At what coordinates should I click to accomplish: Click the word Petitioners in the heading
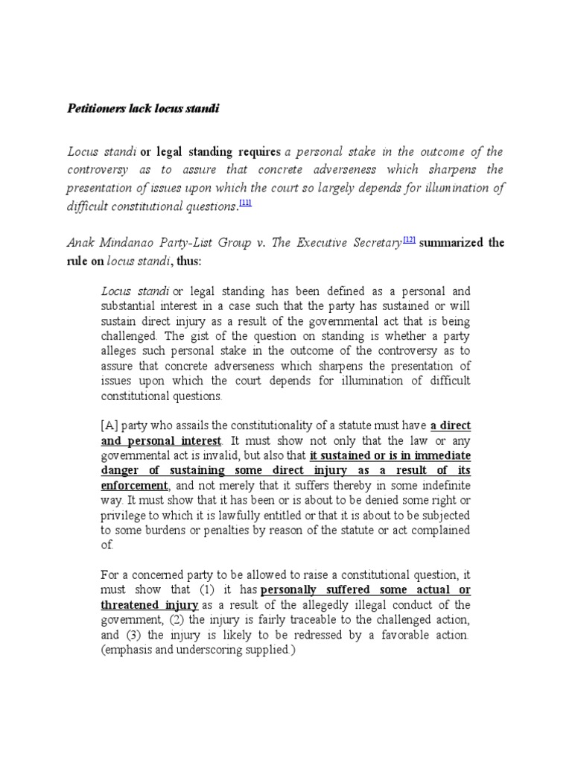point(93,109)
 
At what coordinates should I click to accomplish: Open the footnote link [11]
point(245,203)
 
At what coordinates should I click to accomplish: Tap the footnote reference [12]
point(409,239)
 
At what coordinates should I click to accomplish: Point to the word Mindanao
point(126,243)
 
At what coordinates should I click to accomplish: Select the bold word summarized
point(454,243)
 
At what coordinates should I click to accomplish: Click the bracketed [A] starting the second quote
point(109,425)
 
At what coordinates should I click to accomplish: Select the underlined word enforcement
point(133,484)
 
